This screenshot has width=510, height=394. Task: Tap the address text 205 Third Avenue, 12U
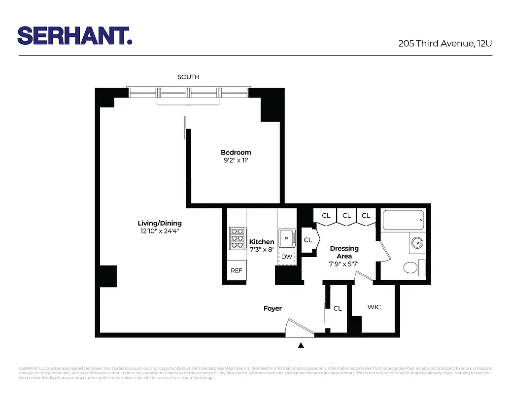pos(445,43)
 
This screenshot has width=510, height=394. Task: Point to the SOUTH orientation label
pos(188,77)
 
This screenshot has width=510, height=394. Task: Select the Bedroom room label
pos(236,153)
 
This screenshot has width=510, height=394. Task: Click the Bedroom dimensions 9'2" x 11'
pos(236,160)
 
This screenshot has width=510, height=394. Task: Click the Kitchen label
pos(262,241)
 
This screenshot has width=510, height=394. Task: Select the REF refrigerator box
pos(237,270)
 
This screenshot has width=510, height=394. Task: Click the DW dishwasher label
pos(286,257)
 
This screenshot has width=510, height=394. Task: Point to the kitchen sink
pos(286,238)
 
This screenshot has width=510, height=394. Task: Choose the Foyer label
pos(272,308)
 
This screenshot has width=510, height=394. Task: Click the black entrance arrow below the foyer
pos(301,345)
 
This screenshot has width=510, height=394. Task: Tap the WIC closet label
pos(374,307)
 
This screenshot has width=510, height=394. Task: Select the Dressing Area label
pos(344,252)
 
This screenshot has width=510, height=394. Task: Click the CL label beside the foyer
pos(338,308)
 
